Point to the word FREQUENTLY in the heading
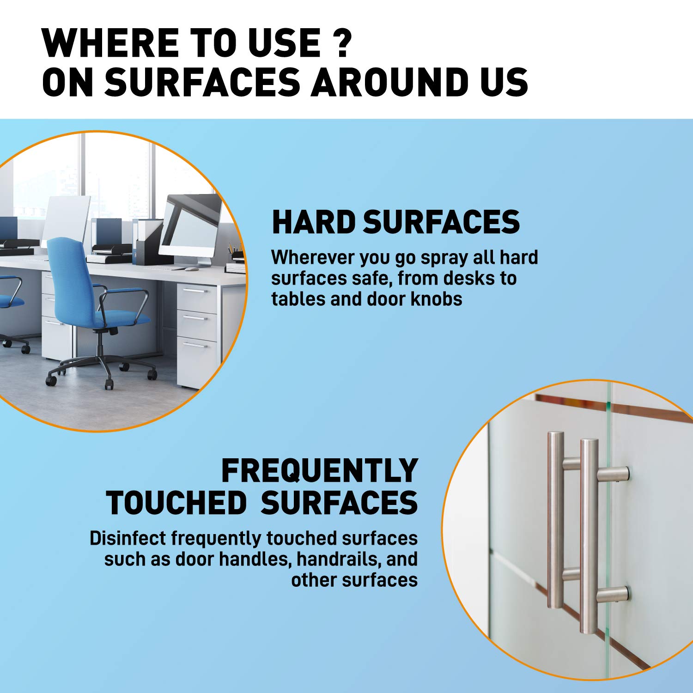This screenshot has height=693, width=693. [320, 471]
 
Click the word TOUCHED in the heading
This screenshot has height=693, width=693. [176, 503]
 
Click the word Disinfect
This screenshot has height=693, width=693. [128, 538]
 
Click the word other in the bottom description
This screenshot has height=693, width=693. [314, 580]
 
